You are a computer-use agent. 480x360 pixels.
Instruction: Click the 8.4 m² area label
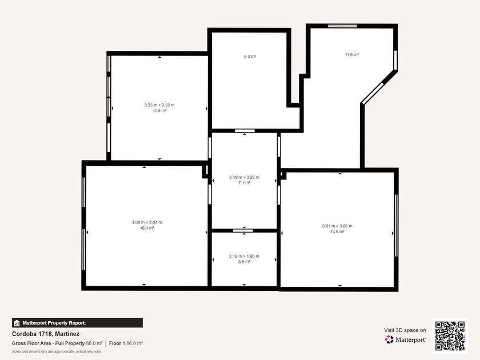click(250, 57)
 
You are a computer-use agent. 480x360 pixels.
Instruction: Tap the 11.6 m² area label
click(352, 55)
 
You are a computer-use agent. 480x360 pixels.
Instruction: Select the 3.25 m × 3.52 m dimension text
click(159, 105)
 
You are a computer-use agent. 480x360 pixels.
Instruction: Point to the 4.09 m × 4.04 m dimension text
click(147, 222)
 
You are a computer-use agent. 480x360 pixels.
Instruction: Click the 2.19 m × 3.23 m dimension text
click(245, 177)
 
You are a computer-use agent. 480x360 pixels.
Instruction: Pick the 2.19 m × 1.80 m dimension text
click(245, 256)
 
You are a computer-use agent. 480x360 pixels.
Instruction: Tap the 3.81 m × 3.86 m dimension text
click(337, 226)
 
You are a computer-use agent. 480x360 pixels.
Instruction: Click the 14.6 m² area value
click(337, 232)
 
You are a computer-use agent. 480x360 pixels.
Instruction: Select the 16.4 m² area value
click(147, 228)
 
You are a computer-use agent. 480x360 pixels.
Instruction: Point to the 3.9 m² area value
click(245, 262)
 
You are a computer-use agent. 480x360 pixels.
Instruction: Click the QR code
click(450, 336)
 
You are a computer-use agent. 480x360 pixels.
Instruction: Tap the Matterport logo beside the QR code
click(405, 339)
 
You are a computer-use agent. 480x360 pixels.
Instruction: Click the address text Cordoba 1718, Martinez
click(46, 334)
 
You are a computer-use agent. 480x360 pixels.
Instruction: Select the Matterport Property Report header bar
click(77, 323)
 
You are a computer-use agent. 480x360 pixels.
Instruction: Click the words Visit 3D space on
click(405, 330)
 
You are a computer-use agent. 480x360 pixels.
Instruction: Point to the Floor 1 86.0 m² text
click(126, 343)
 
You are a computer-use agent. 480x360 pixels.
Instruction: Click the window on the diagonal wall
click(373, 93)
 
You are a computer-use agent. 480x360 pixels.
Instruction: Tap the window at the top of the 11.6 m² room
click(342, 26)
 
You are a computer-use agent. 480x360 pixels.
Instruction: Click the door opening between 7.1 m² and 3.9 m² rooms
click(243, 230)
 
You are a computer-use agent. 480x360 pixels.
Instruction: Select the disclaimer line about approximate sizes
click(57, 352)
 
